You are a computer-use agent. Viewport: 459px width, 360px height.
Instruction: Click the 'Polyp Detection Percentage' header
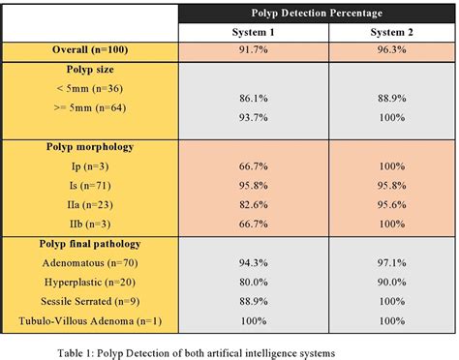[317, 14]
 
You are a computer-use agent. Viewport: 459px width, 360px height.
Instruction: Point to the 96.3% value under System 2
[387, 49]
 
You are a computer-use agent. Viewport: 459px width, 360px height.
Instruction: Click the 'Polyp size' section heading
[91, 70]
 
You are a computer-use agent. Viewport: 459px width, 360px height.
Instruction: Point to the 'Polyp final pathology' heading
[91, 241]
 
